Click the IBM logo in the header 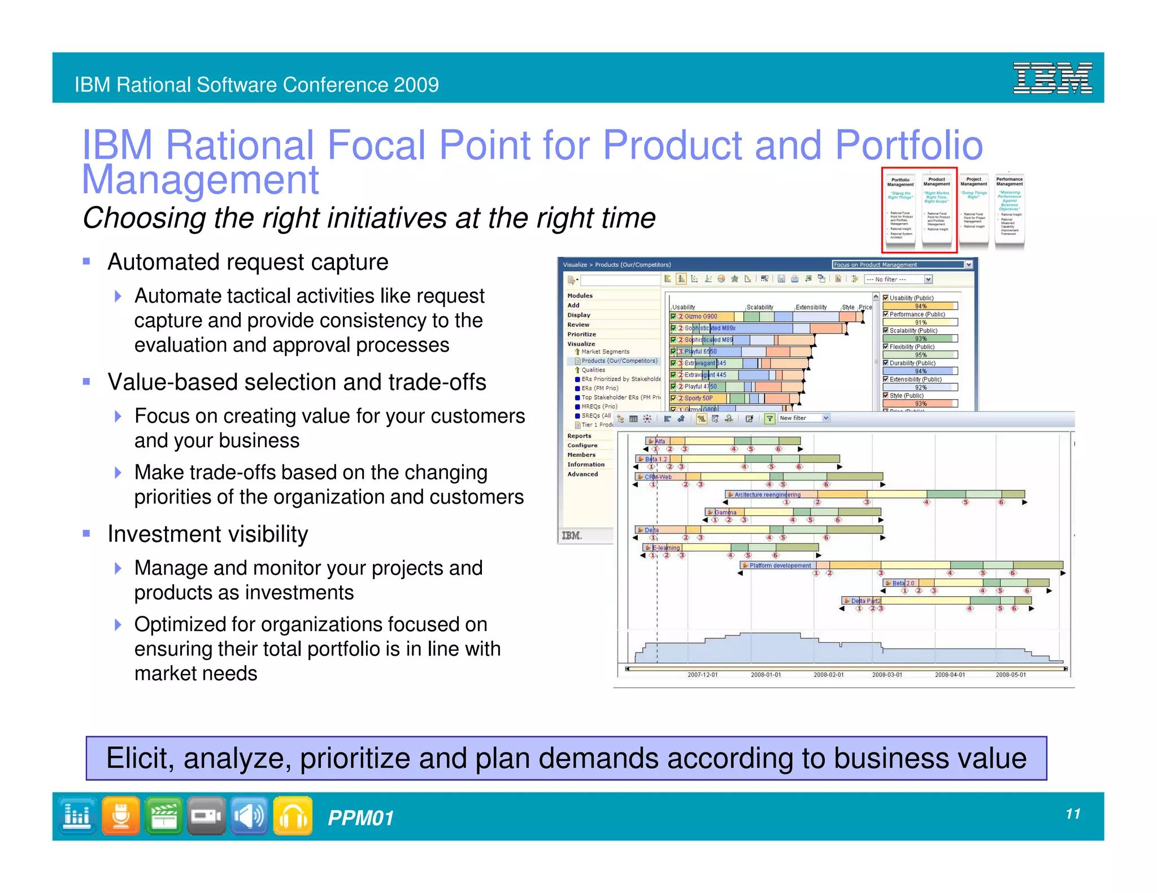[x=1052, y=78]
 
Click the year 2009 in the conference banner [x=416, y=85]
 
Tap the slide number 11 [x=1073, y=813]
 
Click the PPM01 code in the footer [x=360, y=817]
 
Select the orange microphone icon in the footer [x=120, y=816]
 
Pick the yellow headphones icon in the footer [x=292, y=816]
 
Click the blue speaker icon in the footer [x=249, y=816]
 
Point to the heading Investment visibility [x=207, y=534]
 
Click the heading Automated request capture [x=247, y=262]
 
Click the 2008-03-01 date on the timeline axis [x=886, y=675]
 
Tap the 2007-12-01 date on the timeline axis [x=702, y=675]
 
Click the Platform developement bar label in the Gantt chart [x=780, y=565]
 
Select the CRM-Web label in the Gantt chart [x=658, y=477]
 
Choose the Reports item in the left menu [x=579, y=436]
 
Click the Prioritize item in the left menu [x=581, y=334]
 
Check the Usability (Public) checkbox [x=886, y=297]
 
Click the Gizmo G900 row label [x=701, y=317]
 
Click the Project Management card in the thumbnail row [x=973, y=209]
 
